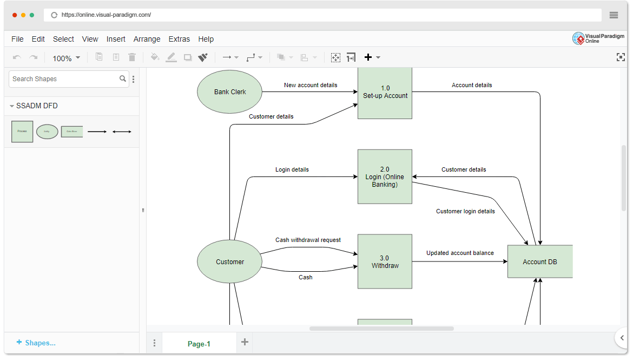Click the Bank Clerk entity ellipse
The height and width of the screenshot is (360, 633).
(x=230, y=92)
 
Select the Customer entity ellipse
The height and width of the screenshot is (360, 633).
(x=230, y=262)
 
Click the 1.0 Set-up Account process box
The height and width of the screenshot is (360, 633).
(x=385, y=93)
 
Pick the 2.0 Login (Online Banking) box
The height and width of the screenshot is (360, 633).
(x=385, y=177)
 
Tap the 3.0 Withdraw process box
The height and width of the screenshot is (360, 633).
(x=385, y=262)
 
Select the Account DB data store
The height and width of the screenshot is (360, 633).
(x=539, y=262)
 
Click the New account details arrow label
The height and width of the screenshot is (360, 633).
(x=311, y=85)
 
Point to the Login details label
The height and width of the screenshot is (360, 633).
(x=292, y=169)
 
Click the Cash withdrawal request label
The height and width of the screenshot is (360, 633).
(x=308, y=240)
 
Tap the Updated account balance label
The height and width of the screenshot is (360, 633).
(x=460, y=253)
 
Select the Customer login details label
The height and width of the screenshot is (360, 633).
(x=465, y=211)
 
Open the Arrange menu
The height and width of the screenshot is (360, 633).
(x=147, y=39)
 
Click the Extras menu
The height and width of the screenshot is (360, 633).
(x=179, y=39)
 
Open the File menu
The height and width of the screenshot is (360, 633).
(x=17, y=39)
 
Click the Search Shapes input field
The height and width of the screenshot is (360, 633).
(x=65, y=79)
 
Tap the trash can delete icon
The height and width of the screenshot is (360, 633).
(x=132, y=57)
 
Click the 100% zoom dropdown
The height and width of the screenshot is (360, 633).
(x=66, y=58)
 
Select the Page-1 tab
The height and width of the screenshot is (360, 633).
(x=199, y=344)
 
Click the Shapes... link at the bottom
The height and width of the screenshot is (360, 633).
(x=36, y=343)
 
